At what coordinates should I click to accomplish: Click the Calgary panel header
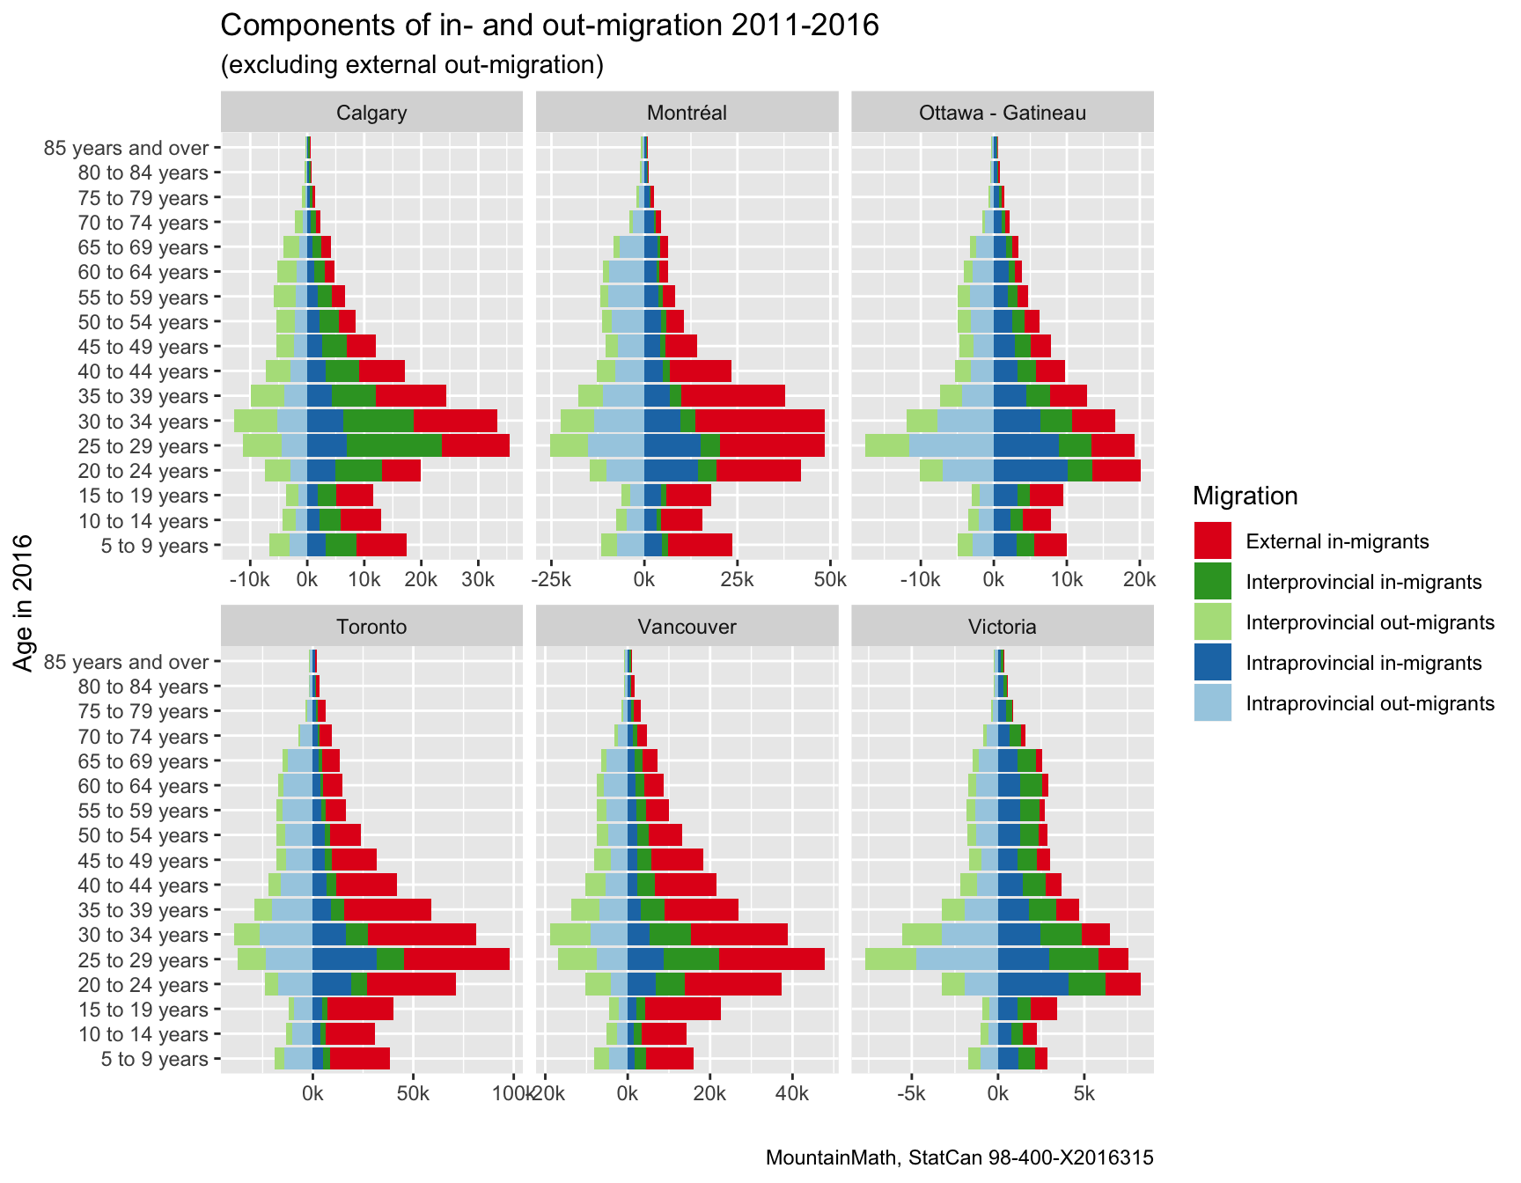(x=371, y=113)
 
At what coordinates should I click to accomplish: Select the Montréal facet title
(x=687, y=113)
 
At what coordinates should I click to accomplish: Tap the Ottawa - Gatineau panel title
(x=1002, y=113)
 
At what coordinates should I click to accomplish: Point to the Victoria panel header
(x=1002, y=627)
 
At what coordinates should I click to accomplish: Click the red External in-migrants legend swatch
(x=1212, y=541)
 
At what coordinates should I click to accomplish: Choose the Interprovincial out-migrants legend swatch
(x=1212, y=622)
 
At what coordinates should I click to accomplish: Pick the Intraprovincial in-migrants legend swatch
(x=1212, y=663)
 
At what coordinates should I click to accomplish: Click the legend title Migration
(x=1245, y=496)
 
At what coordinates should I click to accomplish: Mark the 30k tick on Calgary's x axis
(x=478, y=580)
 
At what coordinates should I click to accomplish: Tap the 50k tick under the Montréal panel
(x=829, y=580)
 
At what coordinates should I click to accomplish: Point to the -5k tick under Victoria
(x=911, y=1094)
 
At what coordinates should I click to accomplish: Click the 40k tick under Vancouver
(x=792, y=1094)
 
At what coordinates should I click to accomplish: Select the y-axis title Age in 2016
(x=24, y=603)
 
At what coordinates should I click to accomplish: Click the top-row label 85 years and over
(x=126, y=148)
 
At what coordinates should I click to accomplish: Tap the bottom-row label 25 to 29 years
(x=143, y=960)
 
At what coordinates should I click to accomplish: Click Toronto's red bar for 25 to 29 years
(x=456, y=959)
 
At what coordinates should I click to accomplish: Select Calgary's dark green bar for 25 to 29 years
(x=393, y=446)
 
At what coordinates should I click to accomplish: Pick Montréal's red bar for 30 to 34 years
(x=760, y=421)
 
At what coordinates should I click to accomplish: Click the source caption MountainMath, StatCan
(x=959, y=1157)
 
